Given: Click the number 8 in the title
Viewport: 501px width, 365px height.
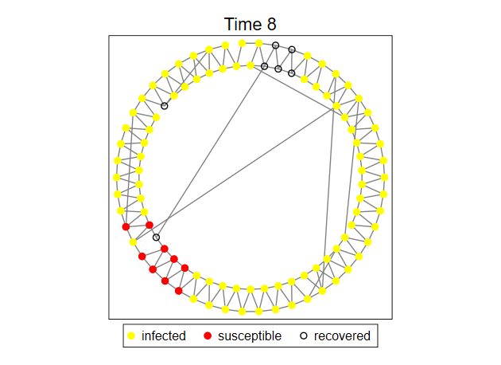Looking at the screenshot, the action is pyautogui.click(x=271, y=25).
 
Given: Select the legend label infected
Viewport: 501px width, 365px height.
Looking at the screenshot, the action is pyautogui.click(x=164, y=336).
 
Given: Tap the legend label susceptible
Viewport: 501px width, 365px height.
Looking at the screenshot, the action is pyautogui.click(x=250, y=336).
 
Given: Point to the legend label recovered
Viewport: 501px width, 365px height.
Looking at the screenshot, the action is pyautogui.click(x=342, y=336).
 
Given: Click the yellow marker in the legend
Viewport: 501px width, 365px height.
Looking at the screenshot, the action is pyautogui.click(x=131, y=336).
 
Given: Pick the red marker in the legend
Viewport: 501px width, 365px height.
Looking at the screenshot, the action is pyautogui.click(x=208, y=336).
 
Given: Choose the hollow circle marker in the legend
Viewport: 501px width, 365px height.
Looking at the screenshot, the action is pyautogui.click(x=304, y=336).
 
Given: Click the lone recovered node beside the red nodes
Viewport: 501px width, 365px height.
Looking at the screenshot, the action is pyautogui.click(x=156, y=237).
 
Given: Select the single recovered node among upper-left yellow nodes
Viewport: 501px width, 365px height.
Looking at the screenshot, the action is pyautogui.click(x=165, y=106).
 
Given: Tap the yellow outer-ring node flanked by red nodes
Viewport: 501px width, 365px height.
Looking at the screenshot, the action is pyautogui.click(x=133, y=242).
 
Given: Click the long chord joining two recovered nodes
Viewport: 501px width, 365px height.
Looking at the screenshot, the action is pyautogui.click(x=210, y=151).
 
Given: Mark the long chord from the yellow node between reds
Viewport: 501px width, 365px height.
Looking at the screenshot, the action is pyautogui.click(x=233, y=175).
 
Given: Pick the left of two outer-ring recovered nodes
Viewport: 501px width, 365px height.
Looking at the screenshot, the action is pyautogui.click(x=275, y=45).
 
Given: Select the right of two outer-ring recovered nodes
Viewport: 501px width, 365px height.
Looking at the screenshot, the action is pyautogui.click(x=292, y=49).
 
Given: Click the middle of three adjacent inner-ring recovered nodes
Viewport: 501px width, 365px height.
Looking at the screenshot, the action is pyautogui.click(x=278, y=69).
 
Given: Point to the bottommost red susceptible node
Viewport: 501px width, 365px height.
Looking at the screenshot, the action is pyautogui.click(x=179, y=291).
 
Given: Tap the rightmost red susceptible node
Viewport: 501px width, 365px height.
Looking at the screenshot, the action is pyautogui.click(x=184, y=268).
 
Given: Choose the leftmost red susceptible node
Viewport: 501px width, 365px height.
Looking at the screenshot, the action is pyautogui.click(x=126, y=226).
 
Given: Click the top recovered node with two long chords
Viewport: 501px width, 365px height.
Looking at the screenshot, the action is pyautogui.click(x=264, y=66).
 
